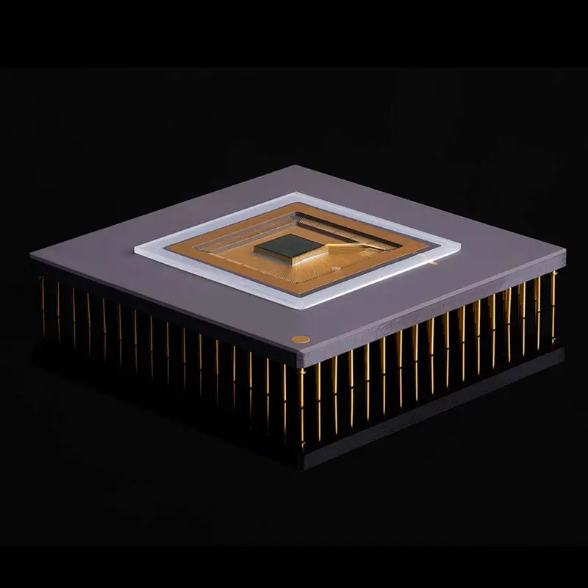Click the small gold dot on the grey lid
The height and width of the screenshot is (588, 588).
[301, 340]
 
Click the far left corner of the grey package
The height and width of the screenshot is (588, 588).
[31, 254]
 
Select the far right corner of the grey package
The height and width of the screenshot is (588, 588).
[565, 252]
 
